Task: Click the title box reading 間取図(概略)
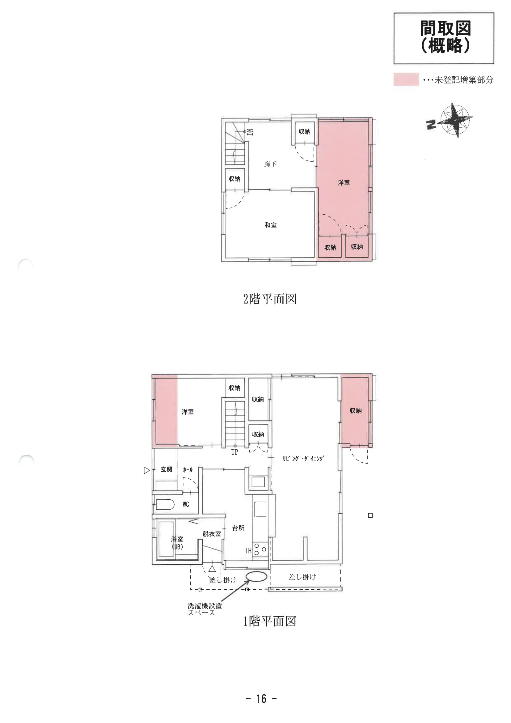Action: click(444, 38)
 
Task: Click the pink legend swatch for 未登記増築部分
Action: click(406, 79)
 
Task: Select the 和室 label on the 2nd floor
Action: click(271, 225)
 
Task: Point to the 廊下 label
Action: click(270, 164)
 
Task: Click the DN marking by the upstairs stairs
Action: click(251, 132)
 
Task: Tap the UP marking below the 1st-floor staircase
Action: click(234, 452)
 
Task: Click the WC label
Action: click(186, 504)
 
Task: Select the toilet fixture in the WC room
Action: click(165, 505)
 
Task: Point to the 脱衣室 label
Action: click(212, 534)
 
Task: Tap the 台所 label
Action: click(238, 528)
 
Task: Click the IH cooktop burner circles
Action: click(260, 550)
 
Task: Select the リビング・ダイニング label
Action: click(303, 459)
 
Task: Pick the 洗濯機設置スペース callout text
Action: click(205, 609)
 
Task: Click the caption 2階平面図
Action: click(270, 299)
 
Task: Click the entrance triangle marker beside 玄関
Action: click(147, 470)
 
